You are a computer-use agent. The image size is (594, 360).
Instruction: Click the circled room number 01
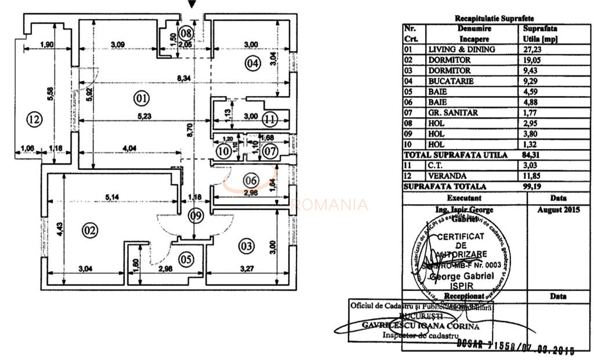click(141, 99)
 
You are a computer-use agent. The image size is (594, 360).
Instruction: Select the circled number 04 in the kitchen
click(251, 64)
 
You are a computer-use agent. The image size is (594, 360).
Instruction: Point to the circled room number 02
click(90, 230)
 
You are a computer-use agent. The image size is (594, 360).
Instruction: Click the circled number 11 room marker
click(269, 120)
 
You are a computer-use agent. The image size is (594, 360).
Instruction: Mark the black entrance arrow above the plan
click(193, 4)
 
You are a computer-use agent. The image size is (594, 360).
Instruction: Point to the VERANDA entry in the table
click(445, 176)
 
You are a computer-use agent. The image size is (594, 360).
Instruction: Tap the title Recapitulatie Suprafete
click(495, 19)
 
